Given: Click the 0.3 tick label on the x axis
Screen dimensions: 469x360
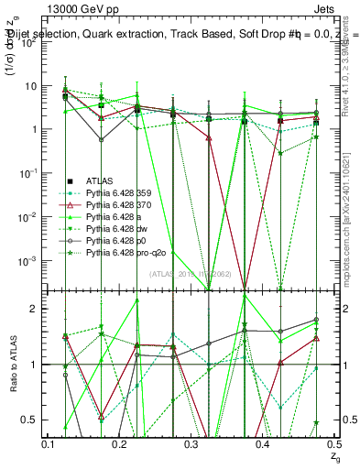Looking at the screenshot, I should pyautogui.click(x=191, y=444).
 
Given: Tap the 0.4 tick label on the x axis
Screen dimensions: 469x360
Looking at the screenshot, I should pyautogui.click(x=262, y=444).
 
